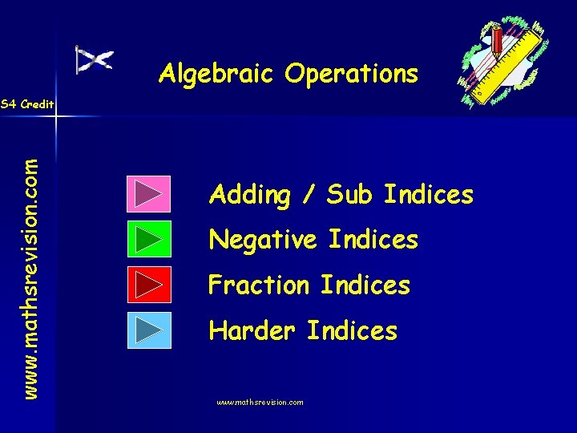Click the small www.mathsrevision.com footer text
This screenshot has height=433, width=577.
260,403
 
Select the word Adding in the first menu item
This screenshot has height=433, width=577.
249,195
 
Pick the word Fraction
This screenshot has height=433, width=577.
258,285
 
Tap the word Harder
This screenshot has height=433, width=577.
252,330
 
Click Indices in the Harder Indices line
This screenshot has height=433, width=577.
352,330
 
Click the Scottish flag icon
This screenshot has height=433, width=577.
94,60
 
